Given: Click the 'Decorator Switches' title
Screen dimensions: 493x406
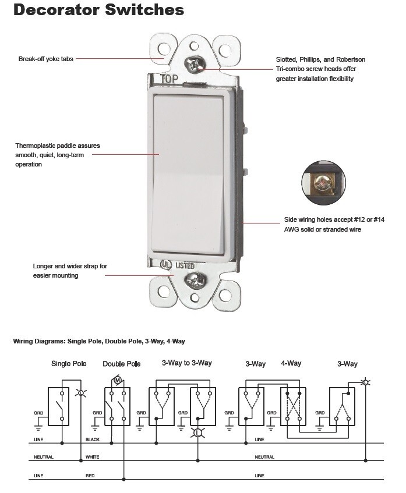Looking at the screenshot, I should pos(98,10).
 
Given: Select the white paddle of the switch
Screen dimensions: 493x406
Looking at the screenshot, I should pos(188,172).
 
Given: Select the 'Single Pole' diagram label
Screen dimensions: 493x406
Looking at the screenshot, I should pos(69,364).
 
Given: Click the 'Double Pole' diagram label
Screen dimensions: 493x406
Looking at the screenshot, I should pos(122,364).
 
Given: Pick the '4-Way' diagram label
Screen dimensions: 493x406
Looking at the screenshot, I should pos(291,363).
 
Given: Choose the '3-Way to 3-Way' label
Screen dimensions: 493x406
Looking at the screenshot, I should pos(187,363).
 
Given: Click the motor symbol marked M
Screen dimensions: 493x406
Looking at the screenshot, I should pos(116,381).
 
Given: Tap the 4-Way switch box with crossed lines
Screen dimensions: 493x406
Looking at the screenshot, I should pos(294,406).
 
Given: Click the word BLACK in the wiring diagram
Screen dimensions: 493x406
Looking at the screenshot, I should pos(93,439).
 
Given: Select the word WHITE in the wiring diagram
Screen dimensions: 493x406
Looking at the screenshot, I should pos(93,457).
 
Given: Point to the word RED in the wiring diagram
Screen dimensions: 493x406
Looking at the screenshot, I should pos(90,476).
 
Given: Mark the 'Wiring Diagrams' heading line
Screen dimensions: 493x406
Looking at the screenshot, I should pos(99,341).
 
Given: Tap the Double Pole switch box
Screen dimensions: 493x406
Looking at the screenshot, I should pos(117,406).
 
